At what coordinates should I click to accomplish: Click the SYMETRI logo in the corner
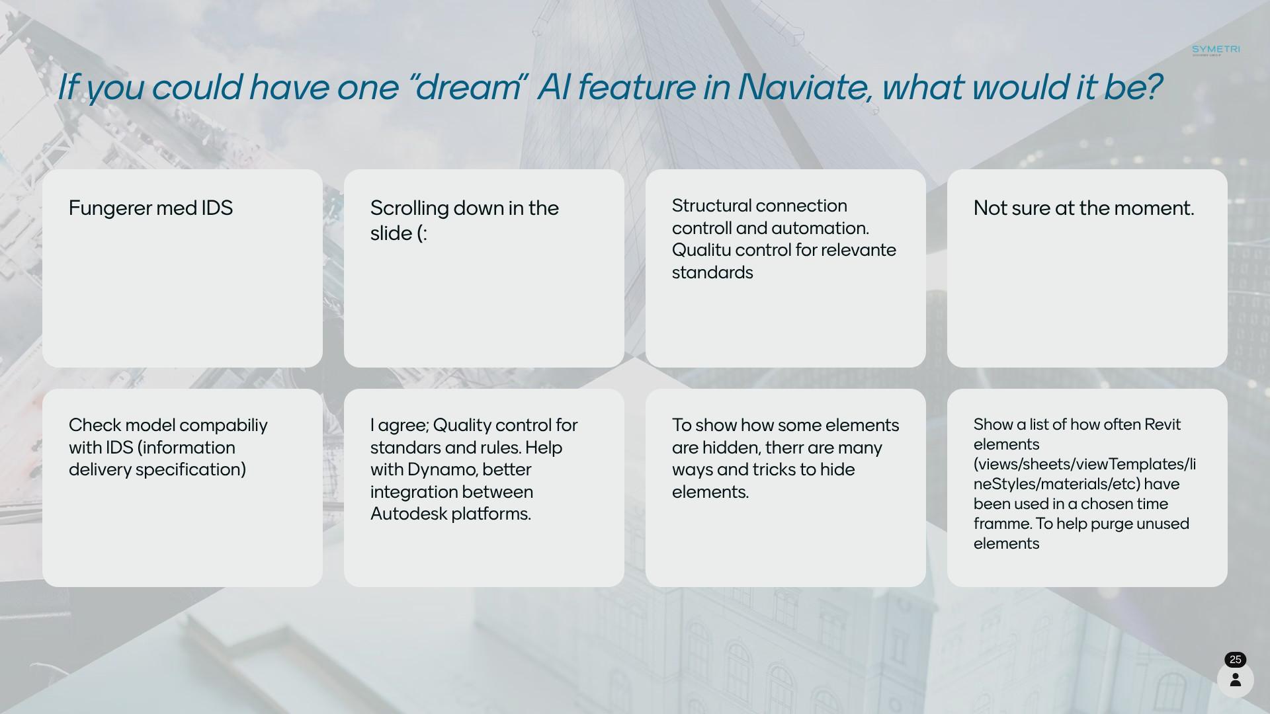point(1216,50)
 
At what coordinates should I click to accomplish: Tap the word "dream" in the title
point(467,87)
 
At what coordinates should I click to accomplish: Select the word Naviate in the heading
point(804,87)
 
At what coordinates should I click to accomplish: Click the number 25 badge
point(1235,660)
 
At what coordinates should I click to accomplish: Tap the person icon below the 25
point(1235,680)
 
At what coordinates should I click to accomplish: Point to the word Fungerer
point(110,209)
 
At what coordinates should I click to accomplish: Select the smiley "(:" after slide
point(422,233)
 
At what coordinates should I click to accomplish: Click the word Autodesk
point(408,514)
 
